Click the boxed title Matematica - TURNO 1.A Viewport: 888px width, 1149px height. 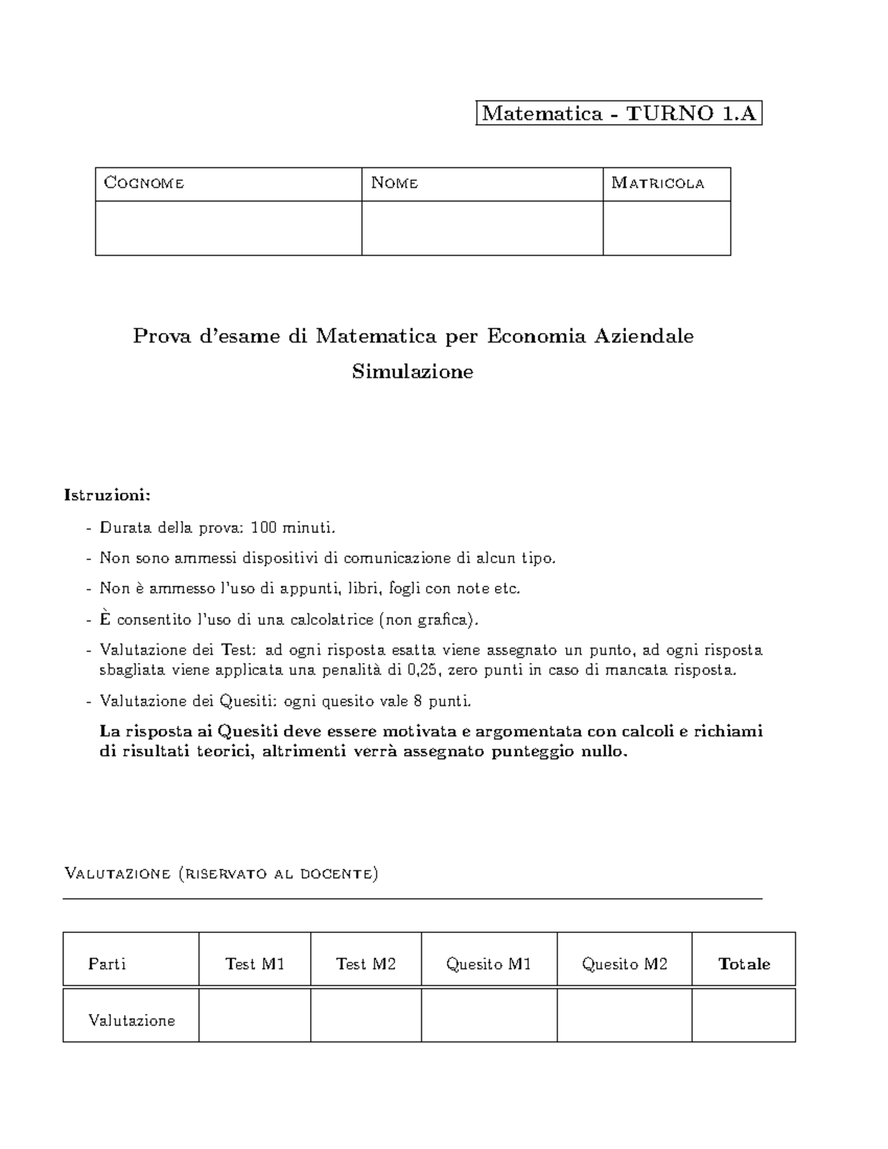click(619, 113)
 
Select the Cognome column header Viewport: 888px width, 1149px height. click(144, 183)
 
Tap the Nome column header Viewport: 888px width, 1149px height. click(394, 183)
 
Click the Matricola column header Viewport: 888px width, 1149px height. click(657, 183)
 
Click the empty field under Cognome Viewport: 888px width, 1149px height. click(228, 228)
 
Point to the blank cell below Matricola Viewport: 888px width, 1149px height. click(666, 228)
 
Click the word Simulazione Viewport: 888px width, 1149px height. click(412, 371)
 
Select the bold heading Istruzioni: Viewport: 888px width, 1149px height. click(107, 494)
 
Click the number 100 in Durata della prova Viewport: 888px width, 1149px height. click(263, 528)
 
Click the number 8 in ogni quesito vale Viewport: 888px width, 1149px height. click(419, 701)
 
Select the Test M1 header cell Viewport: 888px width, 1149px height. click(255, 963)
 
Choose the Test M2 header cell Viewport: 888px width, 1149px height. click(366, 963)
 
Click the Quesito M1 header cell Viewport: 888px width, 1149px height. click(488, 963)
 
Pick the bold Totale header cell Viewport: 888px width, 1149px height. click(744, 963)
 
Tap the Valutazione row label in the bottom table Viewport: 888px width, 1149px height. click(132, 1020)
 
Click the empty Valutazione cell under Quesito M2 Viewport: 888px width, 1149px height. click(624, 1015)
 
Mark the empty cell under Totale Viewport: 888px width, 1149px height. click(743, 1015)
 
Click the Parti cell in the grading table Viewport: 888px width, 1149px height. click(107, 963)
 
